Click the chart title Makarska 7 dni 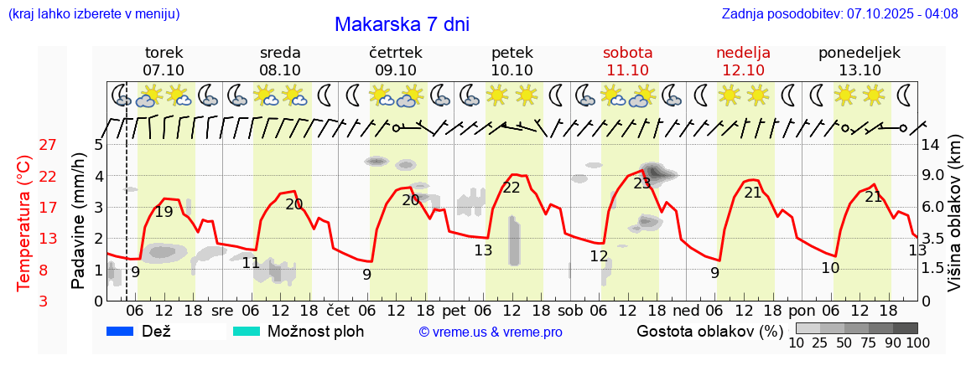(402, 24)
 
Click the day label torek (164, 53)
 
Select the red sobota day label (627, 53)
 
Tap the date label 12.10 (743, 70)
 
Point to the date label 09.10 (395, 70)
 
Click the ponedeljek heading (860, 53)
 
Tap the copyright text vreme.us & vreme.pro (491, 332)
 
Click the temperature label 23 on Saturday (642, 183)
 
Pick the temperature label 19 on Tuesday (164, 212)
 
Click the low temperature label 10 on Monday (830, 268)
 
